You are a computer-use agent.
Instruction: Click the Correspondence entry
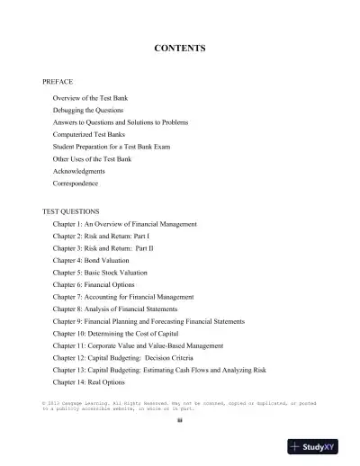[76, 184]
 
